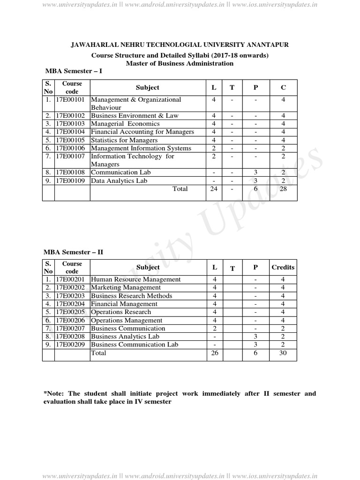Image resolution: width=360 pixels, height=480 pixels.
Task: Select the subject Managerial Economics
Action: [x=125, y=124]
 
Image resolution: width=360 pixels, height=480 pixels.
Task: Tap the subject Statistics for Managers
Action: [x=121, y=140]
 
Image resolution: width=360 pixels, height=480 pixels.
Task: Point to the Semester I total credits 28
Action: [x=283, y=189]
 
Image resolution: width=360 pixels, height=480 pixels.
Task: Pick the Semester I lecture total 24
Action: [x=214, y=189]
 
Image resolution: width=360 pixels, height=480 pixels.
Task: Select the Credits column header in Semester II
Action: [x=283, y=267]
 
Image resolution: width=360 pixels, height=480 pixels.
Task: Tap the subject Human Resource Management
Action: [x=136, y=279]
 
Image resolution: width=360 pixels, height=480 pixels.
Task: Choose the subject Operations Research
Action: [x=121, y=312]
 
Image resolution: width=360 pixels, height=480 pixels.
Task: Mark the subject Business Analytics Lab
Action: [x=125, y=337]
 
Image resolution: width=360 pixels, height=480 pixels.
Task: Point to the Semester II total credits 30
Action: [x=283, y=353]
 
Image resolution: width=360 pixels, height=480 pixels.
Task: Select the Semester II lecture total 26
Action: [x=215, y=353]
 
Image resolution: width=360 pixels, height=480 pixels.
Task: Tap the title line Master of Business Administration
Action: [x=180, y=63]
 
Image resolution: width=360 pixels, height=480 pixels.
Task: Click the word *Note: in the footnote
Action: [x=54, y=394]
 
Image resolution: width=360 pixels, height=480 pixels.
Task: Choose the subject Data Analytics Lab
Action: [x=118, y=180]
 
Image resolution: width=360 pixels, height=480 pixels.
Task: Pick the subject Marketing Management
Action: [x=126, y=287]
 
